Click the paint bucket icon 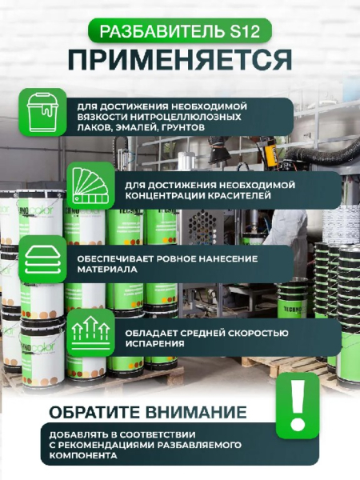click(43, 112)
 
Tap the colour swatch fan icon click(91, 186)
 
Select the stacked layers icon click(42, 259)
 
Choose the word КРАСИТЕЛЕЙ click(240, 196)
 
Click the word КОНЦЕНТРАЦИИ click(165, 196)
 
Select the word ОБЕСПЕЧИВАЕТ click(115, 259)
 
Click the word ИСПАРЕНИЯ click(154, 343)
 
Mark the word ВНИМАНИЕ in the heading click(196, 412)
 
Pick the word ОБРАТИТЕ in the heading click(95, 412)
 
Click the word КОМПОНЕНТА click(83, 455)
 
